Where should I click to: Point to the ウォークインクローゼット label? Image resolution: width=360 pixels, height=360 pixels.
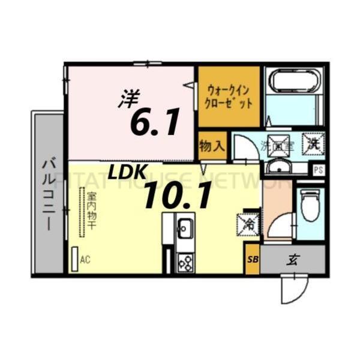click(x=229, y=97)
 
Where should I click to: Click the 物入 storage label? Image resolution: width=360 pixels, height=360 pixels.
click(x=212, y=146)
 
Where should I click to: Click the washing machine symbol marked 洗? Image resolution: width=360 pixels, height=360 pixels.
click(x=313, y=143)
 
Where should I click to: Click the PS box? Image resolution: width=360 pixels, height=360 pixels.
click(x=318, y=170)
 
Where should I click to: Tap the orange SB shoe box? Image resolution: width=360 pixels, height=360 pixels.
click(x=252, y=260)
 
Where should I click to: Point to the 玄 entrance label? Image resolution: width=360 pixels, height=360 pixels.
click(x=293, y=260)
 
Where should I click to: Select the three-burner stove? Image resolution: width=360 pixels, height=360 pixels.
click(x=185, y=262)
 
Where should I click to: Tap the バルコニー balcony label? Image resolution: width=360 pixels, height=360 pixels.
click(x=47, y=192)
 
